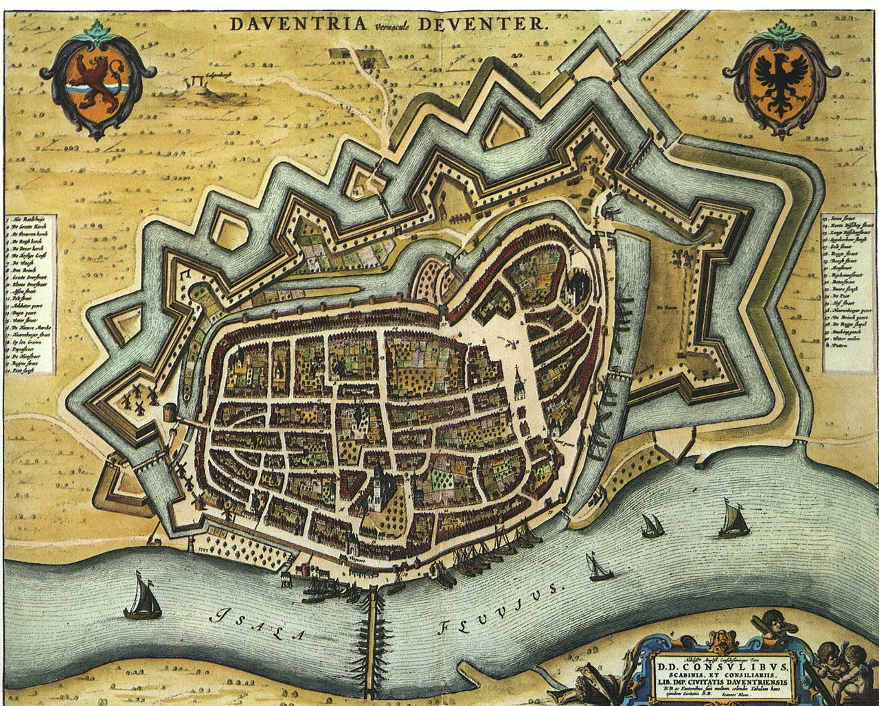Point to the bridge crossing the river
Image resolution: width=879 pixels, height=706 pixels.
tap(373, 639)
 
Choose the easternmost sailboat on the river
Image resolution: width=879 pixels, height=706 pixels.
tap(734, 520)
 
